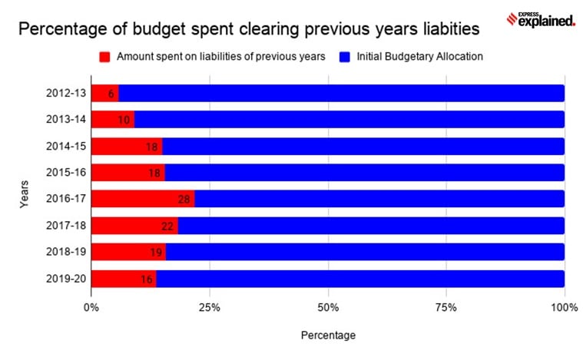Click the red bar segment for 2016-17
click(x=143, y=199)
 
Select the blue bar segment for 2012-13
click(x=342, y=93)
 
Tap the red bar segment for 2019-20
click(x=124, y=279)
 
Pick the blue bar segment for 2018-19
click(x=365, y=252)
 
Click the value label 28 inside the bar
click(x=184, y=200)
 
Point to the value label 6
click(x=111, y=94)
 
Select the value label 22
click(x=167, y=226)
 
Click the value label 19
click(x=156, y=253)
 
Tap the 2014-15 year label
click(x=66, y=147)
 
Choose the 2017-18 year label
click(x=66, y=226)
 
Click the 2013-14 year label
click(x=66, y=119)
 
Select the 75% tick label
click(x=446, y=308)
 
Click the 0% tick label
click(x=91, y=308)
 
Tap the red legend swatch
click(x=104, y=57)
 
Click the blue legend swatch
click(x=345, y=57)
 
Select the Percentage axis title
click(x=328, y=335)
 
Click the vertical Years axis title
click(x=24, y=194)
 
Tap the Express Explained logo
click(x=541, y=19)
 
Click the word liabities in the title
click(x=452, y=29)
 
